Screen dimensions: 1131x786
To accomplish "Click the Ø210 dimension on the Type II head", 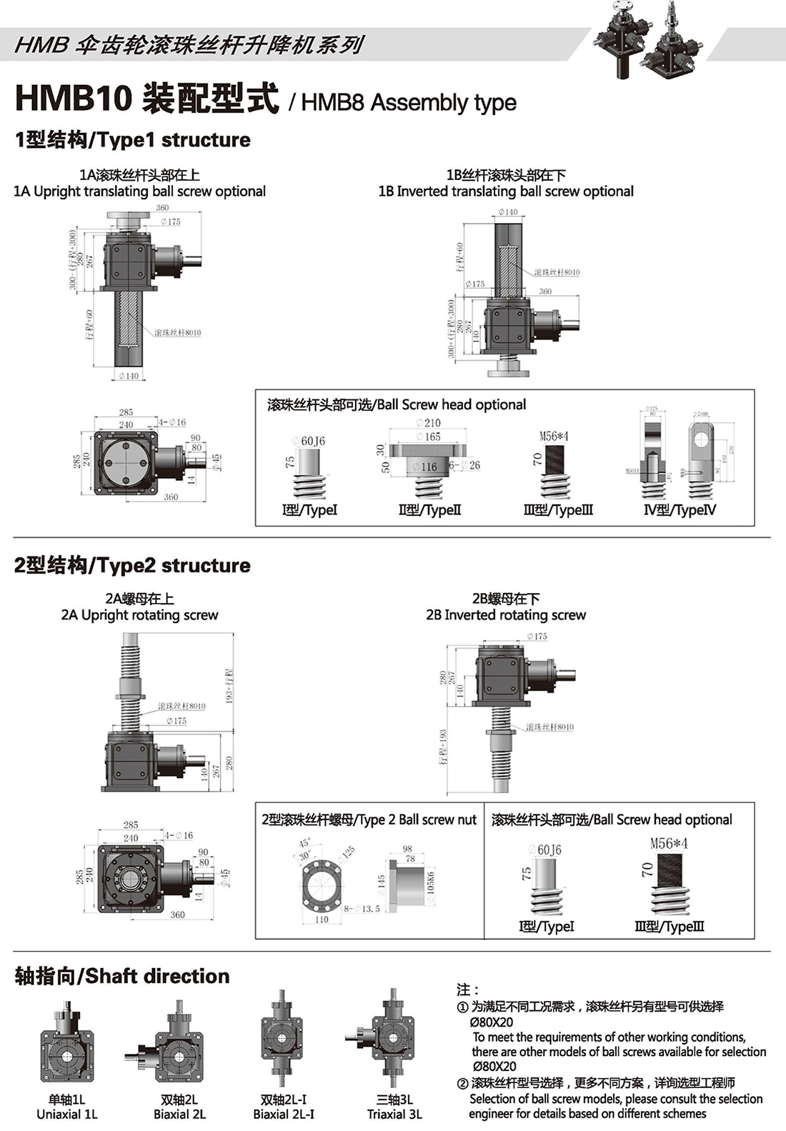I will tap(428, 423).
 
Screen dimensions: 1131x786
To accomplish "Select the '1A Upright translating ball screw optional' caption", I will tap(140, 191).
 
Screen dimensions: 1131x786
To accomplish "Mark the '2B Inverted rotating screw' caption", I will tap(506, 615).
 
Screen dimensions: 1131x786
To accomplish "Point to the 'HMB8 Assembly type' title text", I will tap(408, 103).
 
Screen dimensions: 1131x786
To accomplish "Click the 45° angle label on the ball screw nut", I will tap(304, 843).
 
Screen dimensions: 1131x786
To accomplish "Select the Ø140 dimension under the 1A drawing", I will tap(129, 376).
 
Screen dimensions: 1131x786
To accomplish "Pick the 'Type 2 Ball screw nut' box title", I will tap(369, 820).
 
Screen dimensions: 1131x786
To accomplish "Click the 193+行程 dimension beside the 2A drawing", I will tap(229, 686).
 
